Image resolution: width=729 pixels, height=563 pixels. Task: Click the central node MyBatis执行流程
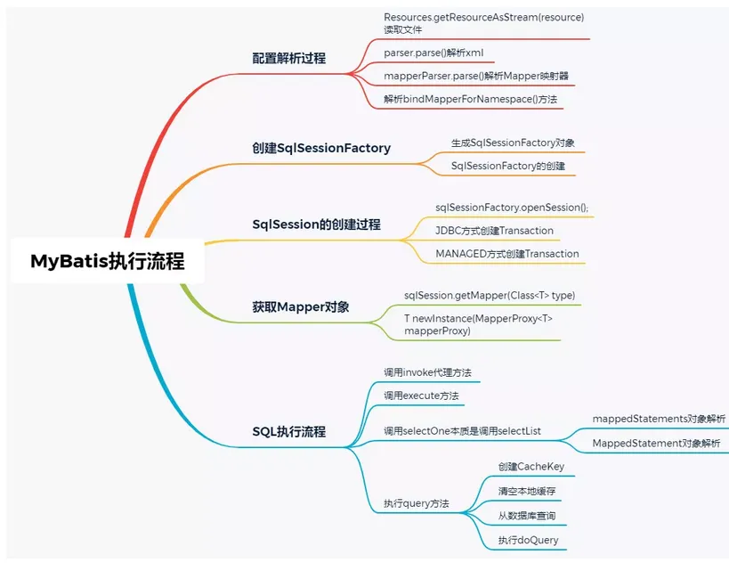[x=108, y=261]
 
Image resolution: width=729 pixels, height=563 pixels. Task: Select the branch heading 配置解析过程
[x=288, y=58]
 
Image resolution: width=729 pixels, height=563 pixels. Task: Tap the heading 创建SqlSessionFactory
[x=321, y=148]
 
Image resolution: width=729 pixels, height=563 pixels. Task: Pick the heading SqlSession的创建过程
[x=316, y=224]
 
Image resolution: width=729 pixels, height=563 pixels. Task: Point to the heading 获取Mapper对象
[x=300, y=307]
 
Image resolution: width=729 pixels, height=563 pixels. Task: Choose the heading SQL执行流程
[x=288, y=431]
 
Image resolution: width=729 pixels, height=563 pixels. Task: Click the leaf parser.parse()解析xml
[x=433, y=53]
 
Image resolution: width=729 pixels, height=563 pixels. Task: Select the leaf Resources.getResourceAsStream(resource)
[x=483, y=17]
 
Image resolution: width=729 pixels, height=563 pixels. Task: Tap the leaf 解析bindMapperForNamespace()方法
[x=470, y=99]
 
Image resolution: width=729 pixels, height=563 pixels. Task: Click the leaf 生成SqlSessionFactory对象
[x=513, y=143]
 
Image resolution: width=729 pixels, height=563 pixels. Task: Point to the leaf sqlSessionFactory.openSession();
[x=512, y=208]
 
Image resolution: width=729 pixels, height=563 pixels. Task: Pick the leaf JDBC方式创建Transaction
[x=494, y=231]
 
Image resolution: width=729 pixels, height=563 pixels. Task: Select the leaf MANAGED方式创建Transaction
[x=506, y=254]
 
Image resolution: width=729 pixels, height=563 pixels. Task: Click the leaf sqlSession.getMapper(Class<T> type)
[x=490, y=296]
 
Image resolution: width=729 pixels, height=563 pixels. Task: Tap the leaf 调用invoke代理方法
[x=427, y=372]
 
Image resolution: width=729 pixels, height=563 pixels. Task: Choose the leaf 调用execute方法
[x=421, y=396]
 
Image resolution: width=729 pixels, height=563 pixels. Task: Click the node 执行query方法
[x=416, y=503]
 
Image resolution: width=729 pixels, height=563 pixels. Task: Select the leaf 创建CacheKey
[x=531, y=467]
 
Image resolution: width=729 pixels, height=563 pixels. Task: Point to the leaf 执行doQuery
[x=528, y=540]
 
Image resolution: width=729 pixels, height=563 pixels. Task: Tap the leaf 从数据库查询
[x=527, y=516]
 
